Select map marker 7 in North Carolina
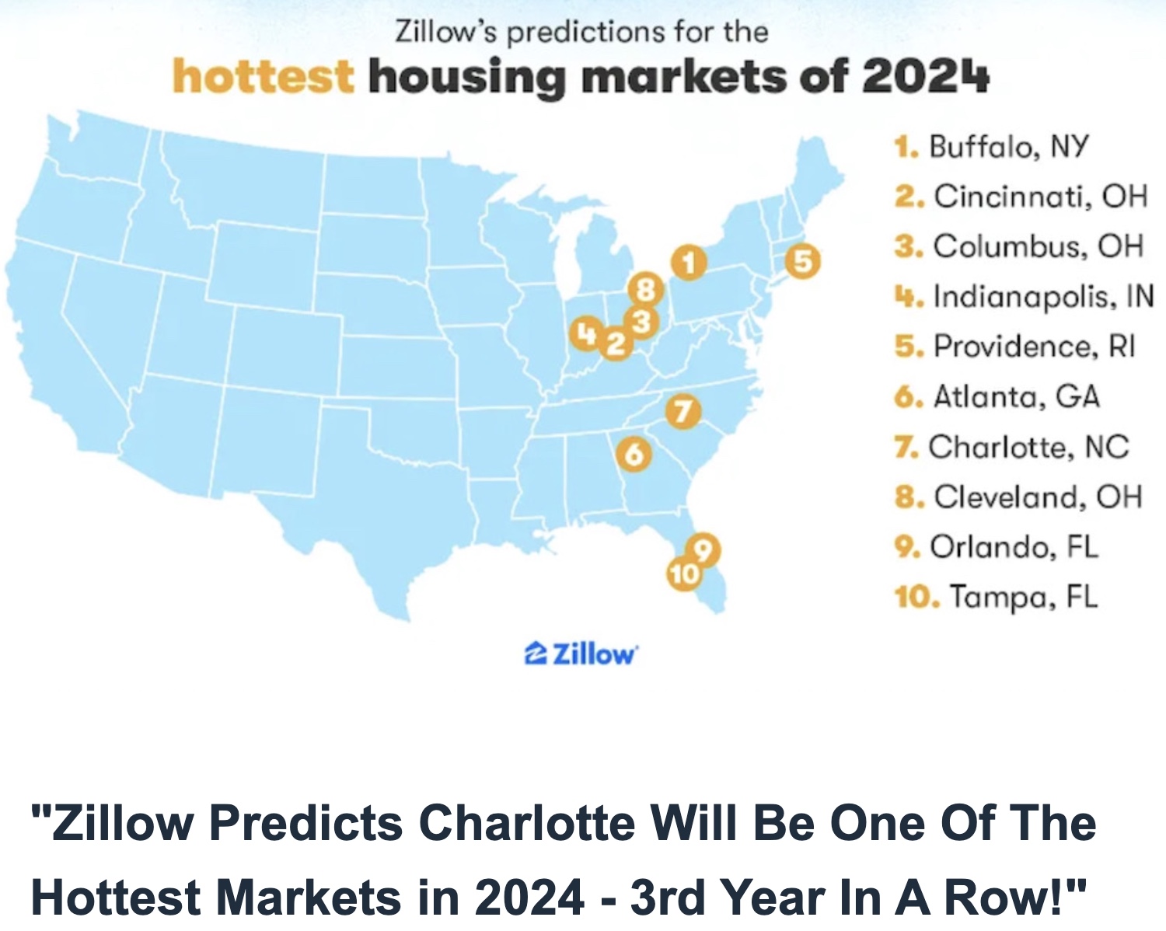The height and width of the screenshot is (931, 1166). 682,411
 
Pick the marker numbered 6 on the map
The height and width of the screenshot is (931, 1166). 634,454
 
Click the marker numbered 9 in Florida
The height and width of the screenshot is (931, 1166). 703,550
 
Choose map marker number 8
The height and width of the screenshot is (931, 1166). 645,290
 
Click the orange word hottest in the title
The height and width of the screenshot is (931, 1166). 263,77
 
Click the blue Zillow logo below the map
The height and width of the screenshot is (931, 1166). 581,654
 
